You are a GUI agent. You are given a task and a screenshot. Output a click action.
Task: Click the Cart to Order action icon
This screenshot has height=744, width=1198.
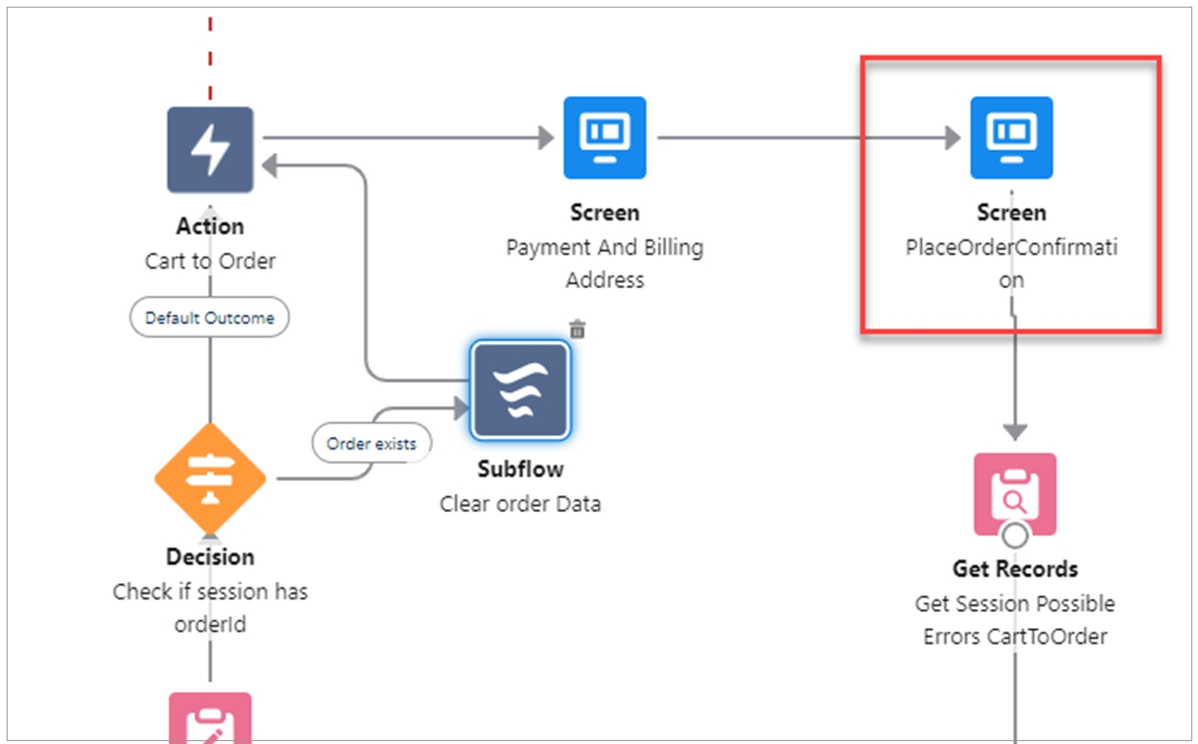point(210,149)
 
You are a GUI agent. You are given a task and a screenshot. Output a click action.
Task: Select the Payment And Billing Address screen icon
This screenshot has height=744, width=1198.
point(605,137)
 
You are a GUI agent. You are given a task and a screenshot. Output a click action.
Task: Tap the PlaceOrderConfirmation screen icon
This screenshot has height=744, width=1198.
point(1011,137)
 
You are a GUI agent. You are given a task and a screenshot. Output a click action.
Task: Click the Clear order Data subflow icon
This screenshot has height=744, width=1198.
point(520,390)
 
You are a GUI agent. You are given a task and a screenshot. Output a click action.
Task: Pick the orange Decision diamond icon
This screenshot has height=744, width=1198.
point(210,478)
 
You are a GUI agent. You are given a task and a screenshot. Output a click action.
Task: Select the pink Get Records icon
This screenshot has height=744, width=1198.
point(1014,494)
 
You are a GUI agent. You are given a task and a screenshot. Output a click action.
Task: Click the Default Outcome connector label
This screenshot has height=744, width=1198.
point(209,318)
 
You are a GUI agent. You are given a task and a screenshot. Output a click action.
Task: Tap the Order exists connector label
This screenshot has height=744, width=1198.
point(371,444)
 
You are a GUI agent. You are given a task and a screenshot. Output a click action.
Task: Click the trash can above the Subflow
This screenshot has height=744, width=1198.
point(577,329)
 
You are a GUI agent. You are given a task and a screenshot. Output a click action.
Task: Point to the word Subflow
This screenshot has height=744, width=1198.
point(520,469)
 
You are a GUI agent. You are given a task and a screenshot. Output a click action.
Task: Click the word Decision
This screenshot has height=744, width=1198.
point(210,557)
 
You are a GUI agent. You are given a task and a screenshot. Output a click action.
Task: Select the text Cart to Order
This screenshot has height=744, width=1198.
point(210,260)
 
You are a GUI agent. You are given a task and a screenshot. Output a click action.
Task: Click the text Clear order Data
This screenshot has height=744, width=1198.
point(520,504)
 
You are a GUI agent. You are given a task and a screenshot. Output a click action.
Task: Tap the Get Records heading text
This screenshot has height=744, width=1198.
point(1014,569)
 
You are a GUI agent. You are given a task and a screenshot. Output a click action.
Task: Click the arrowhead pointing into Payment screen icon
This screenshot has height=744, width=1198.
point(546,138)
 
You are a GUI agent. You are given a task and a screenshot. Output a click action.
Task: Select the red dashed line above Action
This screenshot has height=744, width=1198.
point(210,57)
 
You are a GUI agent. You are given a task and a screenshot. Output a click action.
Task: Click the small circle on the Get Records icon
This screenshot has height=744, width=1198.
point(1015,535)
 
